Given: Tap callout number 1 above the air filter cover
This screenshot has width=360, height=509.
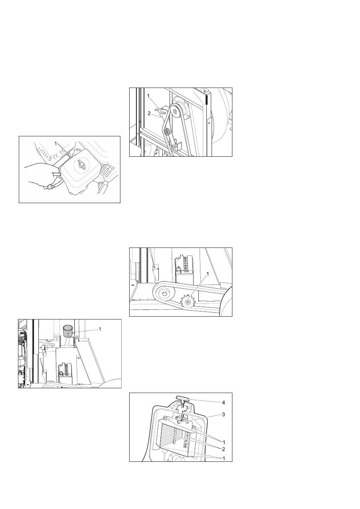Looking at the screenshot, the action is click(55, 144).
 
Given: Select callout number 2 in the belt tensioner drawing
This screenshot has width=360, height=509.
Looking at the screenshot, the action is click(149, 114).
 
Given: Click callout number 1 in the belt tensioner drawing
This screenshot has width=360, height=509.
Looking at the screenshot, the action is click(148, 96).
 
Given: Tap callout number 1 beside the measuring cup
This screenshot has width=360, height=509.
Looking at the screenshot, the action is click(100, 329).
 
